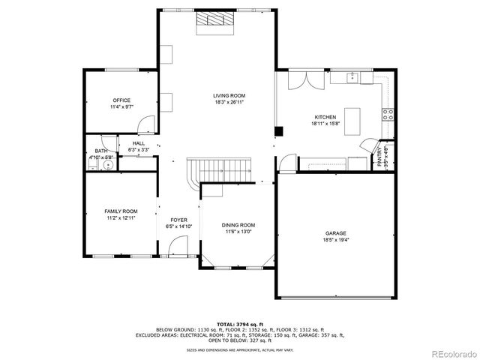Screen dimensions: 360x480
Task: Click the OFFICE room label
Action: [x=121, y=100]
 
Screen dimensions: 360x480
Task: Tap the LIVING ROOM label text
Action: [x=229, y=95]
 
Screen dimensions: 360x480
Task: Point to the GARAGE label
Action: [x=335, y=233]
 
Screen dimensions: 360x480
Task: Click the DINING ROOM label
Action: [x=238, y=225]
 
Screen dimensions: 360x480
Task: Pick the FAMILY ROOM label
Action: [x=121, y=211]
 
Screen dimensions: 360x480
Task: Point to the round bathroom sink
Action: [x=108, y=164]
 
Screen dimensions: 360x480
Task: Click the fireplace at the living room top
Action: [x=214, y=22]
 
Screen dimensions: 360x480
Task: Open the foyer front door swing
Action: [x=178, y=245]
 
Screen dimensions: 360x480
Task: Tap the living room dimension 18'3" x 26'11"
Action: [x=229, y=103]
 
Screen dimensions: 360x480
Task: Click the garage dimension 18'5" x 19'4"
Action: [x=335, y=241]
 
